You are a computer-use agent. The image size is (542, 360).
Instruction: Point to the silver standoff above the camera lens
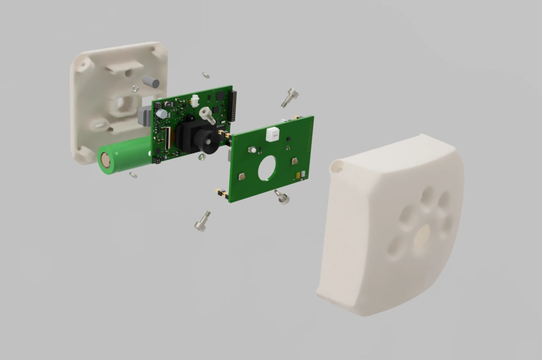pos(207,114)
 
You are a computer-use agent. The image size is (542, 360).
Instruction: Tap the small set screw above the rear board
pos(206,75)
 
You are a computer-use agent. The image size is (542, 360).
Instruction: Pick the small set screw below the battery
pos(133,174)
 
